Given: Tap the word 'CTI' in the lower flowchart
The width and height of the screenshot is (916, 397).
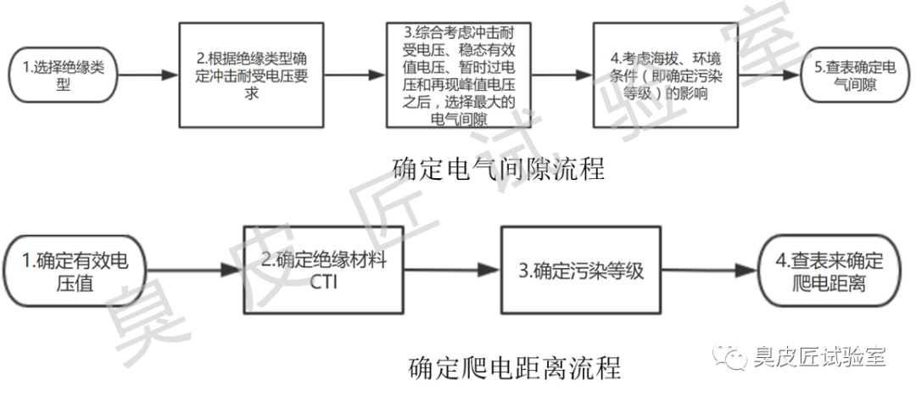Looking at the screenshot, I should coord(325,282).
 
